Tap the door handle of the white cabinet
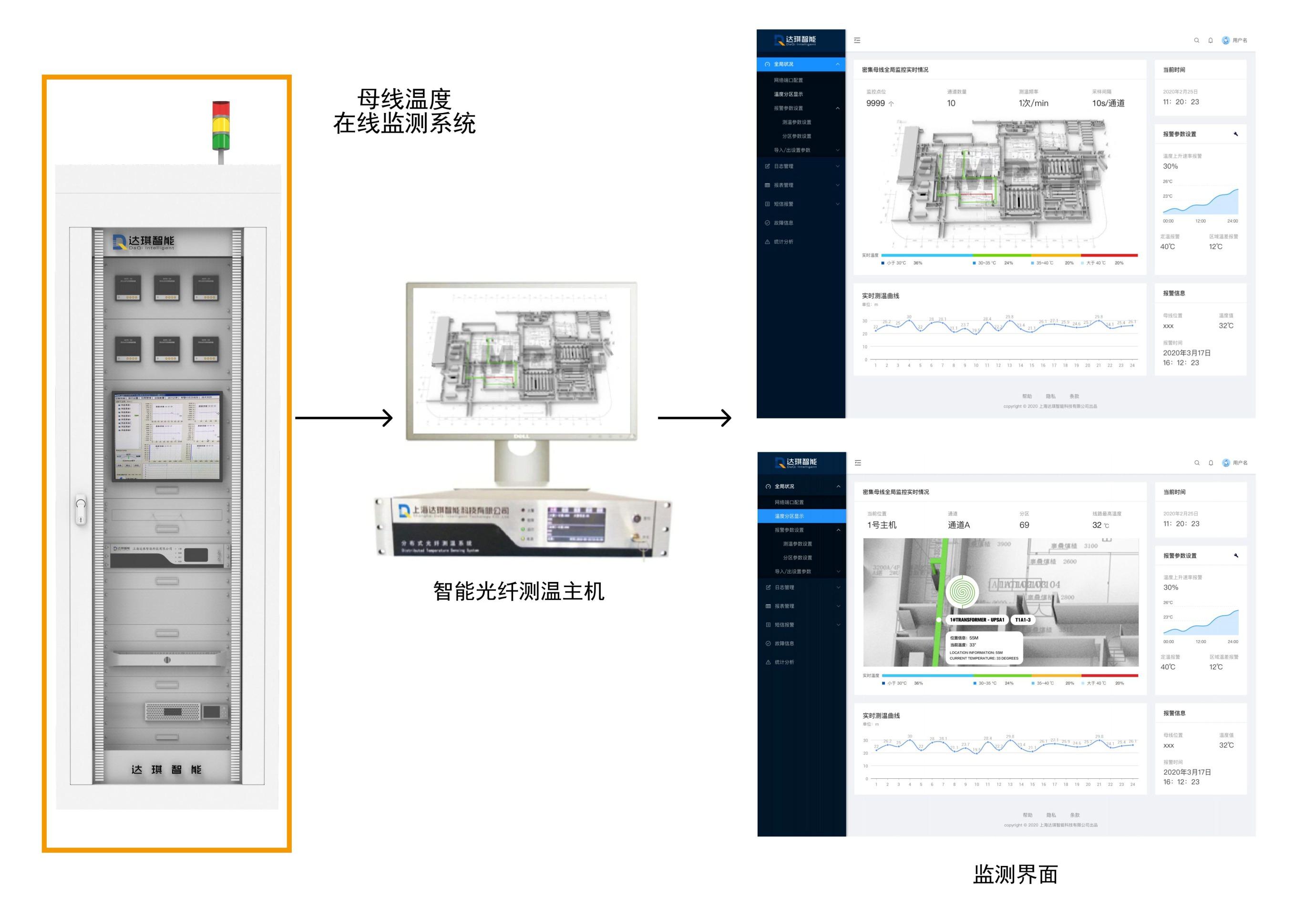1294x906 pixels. (x=81, y=509)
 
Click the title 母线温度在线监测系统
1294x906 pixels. (x=404, y=111)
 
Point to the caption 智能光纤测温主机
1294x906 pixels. (x=518, y=591)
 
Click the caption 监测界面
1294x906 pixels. (x=1015, y=875)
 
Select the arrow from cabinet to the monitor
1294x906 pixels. (x=344, y=418)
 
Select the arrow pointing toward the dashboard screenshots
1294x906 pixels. (x=694, y=418)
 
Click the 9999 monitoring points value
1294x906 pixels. (x=875, y=103)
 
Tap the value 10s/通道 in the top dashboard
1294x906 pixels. (x=1108, y=103)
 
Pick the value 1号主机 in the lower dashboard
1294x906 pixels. (x=882, y=525)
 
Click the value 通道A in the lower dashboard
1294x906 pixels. (x=959, y=525)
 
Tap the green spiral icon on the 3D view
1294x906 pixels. (x=962, y=591)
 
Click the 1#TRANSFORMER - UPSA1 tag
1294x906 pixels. (x=977, y=620)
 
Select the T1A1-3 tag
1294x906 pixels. (x=1022, y=620)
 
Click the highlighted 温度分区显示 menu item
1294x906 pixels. (x=789, y=516)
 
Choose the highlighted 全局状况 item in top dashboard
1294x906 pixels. (x=783, y=64)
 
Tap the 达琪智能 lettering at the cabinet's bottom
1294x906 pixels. (x=166, y=770)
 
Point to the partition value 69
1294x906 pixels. (x=1024, y=525)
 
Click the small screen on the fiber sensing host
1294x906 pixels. (x=576, y=525)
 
